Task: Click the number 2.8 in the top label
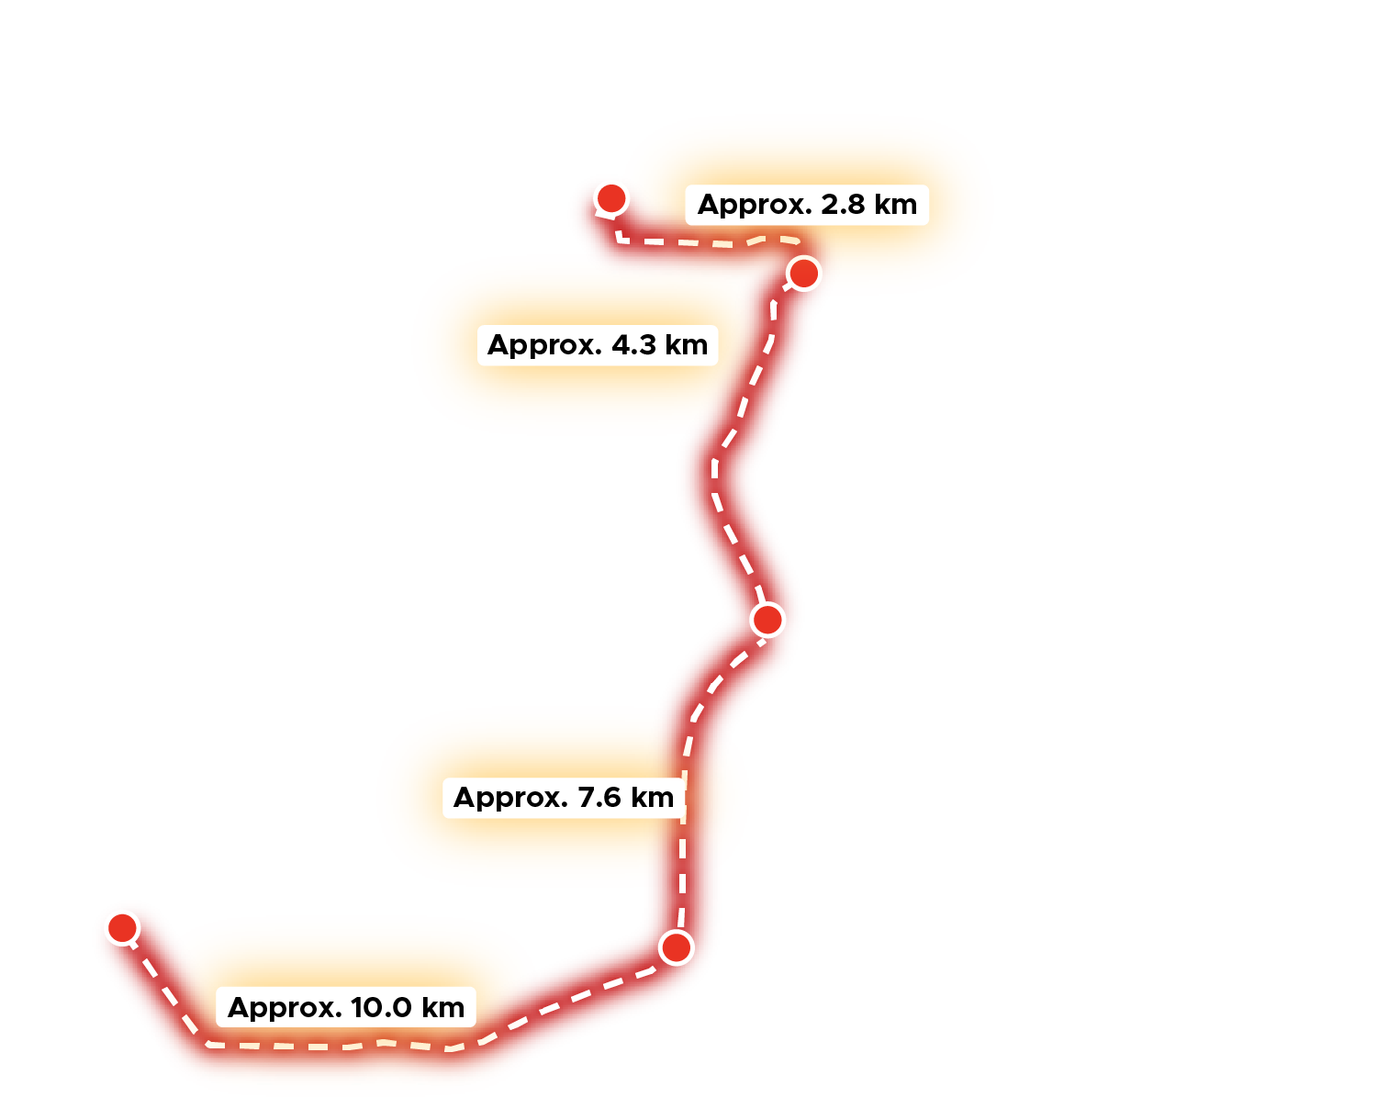(843, 205)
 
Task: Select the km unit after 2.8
(895, 205)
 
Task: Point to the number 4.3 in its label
(633, 345)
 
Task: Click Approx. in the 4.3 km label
(544, 345)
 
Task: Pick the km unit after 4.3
(686, 345)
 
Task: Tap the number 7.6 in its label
(599, 798)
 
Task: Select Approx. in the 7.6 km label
(510, 798)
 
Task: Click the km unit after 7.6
(652, 798)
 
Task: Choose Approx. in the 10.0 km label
(285, 1008)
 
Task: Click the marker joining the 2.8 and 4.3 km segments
(804, 273)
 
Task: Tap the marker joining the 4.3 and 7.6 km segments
(767, 620)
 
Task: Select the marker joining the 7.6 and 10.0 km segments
(677, 946)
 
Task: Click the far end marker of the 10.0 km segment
(122, 927)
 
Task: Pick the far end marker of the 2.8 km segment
(611, 197)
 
